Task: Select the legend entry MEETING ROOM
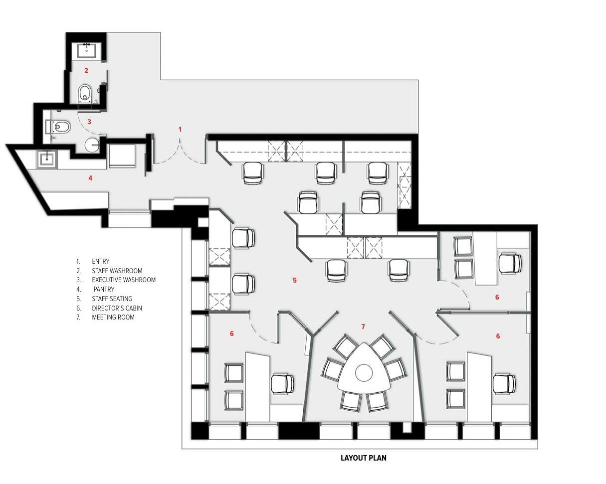pos(113,317)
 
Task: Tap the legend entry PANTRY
pos(104,289)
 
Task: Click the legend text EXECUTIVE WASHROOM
pos(124,280)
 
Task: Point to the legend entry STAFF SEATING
pos(112,299)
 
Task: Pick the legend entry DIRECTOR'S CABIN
pos(117,308)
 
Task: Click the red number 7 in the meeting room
pos(363,326)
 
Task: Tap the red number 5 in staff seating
pos(295,280)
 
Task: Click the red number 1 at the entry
pos(180,129)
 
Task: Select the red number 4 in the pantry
pos(90,178)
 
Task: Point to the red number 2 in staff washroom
pos(86,70)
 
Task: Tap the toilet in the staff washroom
pos(85,93)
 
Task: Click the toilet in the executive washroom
pos(58,128)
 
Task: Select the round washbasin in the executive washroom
pos(92,145)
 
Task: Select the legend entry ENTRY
pos(101,261)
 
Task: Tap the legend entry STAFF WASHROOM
pos(117,271)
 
